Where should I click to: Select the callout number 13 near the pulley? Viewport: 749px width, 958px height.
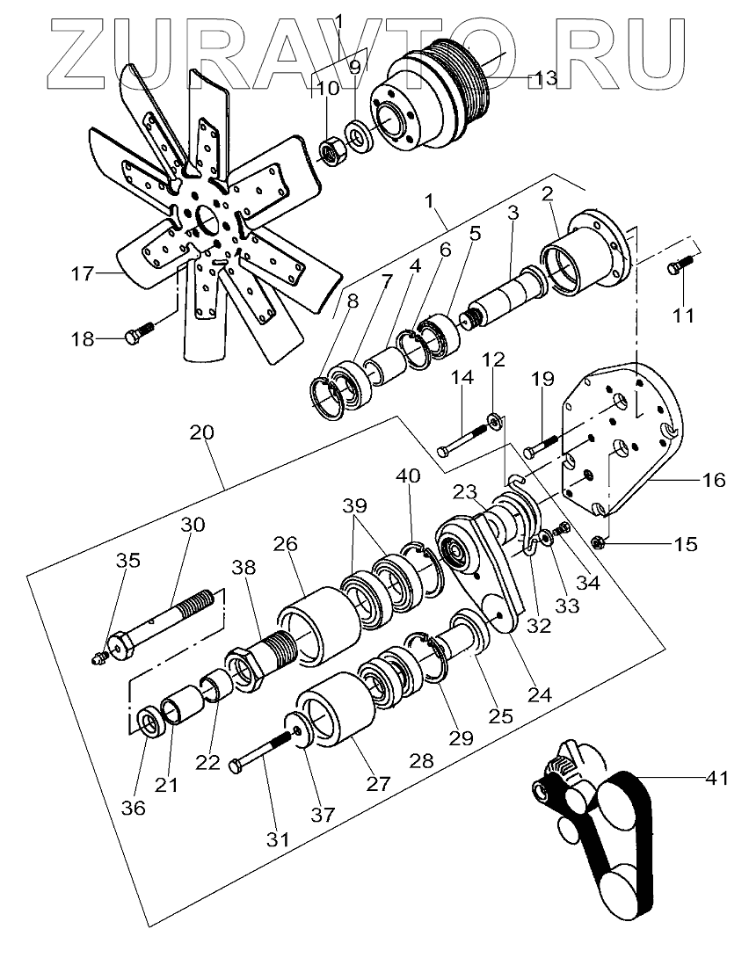click(x=545, y=79)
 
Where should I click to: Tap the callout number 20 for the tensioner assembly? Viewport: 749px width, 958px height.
click(x=200, y=433)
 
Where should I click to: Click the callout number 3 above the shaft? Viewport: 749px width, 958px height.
click(x=513, y=213)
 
